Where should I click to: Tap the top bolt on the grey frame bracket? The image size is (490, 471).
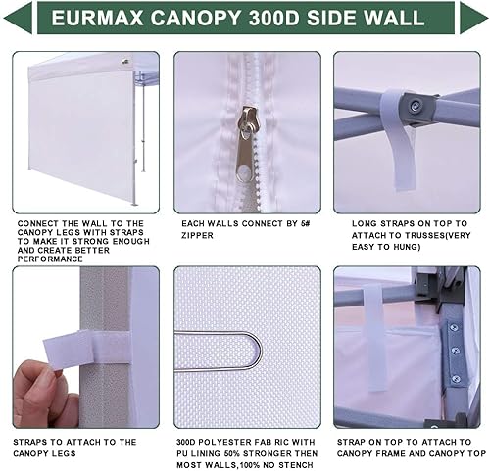pos(453,328)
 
